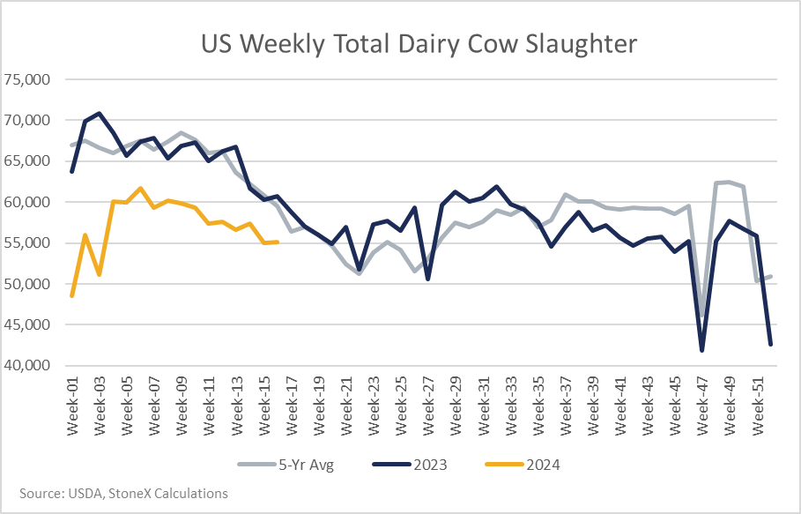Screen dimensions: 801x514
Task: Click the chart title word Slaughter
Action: [581, 44]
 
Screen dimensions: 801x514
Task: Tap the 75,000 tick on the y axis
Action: [27, 79]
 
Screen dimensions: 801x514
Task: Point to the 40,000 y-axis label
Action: [27, 365]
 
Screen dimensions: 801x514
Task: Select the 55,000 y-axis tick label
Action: [27, 242]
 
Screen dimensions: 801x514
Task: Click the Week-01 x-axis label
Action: [72, 406]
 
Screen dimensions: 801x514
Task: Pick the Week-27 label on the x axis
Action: [428, 406]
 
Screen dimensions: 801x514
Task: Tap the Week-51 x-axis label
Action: [757, 406]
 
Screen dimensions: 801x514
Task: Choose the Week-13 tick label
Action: [237, 406]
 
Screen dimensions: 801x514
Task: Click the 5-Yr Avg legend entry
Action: [286, 465]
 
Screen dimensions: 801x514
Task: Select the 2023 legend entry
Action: [410, 465]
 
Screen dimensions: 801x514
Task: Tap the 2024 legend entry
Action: [522, 465]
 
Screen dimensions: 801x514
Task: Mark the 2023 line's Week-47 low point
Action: [702, 351]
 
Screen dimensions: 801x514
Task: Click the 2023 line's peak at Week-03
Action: [99, 113]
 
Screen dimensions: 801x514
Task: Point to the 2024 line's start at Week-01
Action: [72, 296]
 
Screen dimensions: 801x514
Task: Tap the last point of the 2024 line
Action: [278, 242]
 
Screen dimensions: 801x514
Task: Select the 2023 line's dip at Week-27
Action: [427, 279]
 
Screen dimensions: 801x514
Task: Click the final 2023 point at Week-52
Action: [770, 345]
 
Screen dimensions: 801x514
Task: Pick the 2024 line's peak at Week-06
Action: [140, 188]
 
